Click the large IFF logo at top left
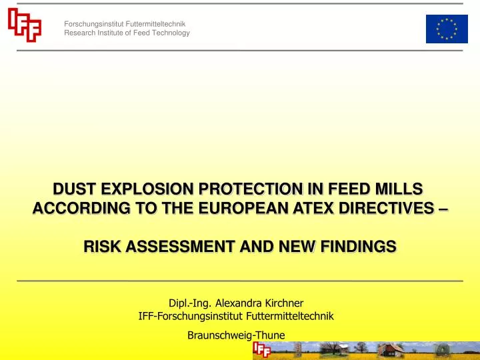click(25, 26)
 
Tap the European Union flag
click(446, 29)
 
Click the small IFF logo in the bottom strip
click(261, 349)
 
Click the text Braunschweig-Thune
click(237, 335)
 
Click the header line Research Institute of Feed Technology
click(127, 33)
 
